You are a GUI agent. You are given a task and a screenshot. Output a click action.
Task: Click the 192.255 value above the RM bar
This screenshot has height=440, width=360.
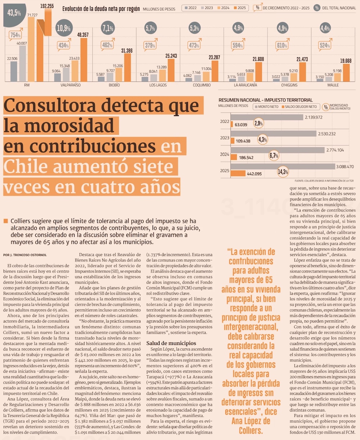tap(46, 6)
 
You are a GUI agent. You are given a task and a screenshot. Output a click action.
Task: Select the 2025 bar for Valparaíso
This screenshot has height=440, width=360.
tap(84, 60)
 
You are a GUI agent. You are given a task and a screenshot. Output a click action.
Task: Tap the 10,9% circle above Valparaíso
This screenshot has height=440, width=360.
tap(64, 28)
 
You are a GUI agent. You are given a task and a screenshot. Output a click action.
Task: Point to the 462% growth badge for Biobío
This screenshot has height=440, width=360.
tap(108, 45)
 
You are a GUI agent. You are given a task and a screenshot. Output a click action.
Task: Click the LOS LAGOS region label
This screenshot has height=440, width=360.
tap(158, 85)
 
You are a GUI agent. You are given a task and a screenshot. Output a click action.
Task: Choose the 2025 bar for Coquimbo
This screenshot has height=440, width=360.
tap(215, 71)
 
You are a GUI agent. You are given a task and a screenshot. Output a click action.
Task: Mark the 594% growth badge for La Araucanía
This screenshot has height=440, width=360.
tap(238, 46)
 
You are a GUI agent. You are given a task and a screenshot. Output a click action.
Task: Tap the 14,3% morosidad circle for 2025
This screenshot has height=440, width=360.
tap(283, 172)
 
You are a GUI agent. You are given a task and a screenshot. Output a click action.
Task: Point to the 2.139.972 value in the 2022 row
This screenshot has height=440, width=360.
tap(313, 117)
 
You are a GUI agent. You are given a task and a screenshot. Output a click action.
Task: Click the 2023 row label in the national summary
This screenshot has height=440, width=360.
tap(225, 138)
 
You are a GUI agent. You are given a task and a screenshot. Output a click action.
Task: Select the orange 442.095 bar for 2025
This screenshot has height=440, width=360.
tap(238, 174)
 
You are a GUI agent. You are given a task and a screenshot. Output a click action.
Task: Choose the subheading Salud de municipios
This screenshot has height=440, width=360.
tap(171, 343)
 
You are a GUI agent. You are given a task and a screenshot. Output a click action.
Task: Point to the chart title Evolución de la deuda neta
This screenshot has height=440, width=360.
tap(101, 9)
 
